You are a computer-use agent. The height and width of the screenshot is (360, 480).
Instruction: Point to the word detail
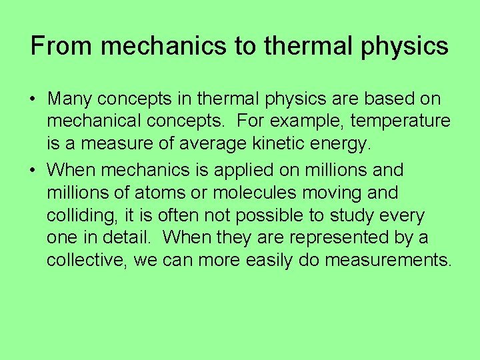[x=127, y=239]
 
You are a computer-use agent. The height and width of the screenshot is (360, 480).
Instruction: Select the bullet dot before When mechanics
[x=32, y=170]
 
